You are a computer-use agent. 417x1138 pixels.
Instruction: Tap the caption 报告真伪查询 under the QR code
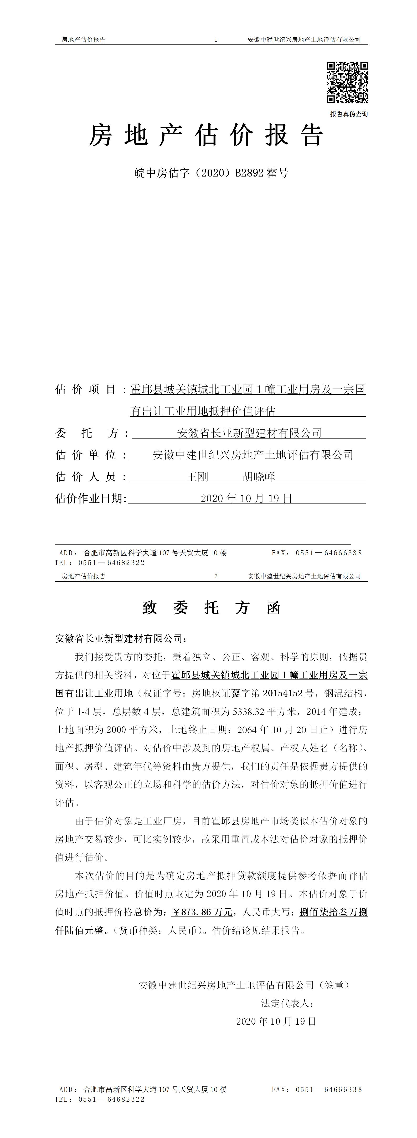349,114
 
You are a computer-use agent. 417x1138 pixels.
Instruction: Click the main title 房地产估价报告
207,135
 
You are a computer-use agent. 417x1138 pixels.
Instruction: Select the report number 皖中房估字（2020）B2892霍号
211,173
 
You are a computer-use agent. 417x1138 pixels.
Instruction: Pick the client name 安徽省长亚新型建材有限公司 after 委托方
249,433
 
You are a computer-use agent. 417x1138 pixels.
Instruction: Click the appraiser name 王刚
197,477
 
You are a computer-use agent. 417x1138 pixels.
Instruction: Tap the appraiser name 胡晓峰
259,477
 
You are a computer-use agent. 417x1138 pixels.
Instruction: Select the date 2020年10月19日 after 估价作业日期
246,498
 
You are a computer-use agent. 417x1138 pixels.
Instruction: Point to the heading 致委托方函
211,608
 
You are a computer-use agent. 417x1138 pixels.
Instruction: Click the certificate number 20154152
283,693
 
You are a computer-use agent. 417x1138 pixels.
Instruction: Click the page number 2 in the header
216,576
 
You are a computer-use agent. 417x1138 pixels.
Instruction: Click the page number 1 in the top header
216,40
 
